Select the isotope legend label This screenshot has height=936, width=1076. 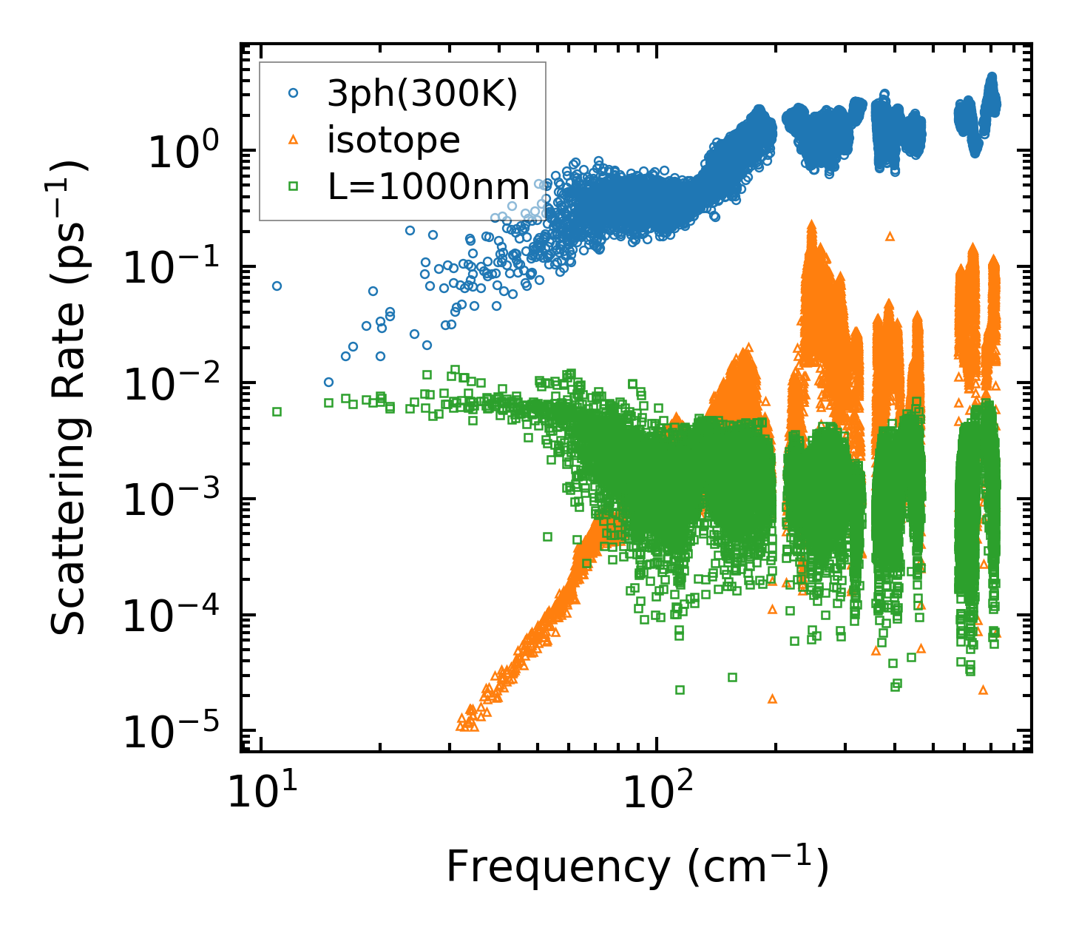click(x=393, y=140)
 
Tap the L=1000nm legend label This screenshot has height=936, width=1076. click(x=428, y=187)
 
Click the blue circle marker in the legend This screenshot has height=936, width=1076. click(x=294, y=93)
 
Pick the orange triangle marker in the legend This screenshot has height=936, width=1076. click(x=294, y=140)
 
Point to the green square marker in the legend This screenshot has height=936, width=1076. click(x=294, y=186)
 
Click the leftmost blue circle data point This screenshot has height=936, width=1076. click(x=277, y=286)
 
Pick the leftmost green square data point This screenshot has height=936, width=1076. click(x=277, y=411)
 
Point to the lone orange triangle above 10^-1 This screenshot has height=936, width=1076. click(x=890, y=236)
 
